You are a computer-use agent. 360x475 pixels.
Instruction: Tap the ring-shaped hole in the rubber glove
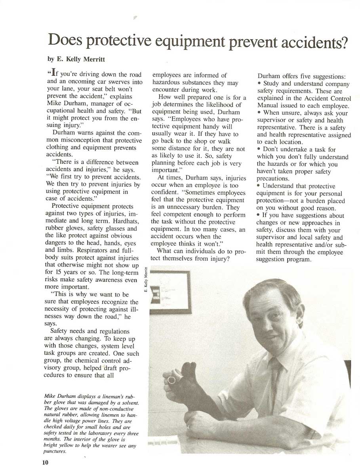(171, 380)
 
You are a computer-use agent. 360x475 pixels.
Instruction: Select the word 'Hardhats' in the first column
(125, 221)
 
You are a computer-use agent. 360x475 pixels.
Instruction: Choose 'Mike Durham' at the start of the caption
(57, 395)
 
